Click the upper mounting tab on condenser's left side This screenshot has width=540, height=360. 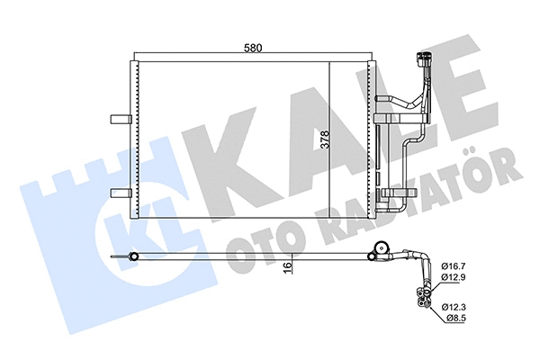point(118,119)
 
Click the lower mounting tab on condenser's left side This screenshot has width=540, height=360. point(118,193)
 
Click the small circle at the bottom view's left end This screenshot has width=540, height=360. point(135,259)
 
